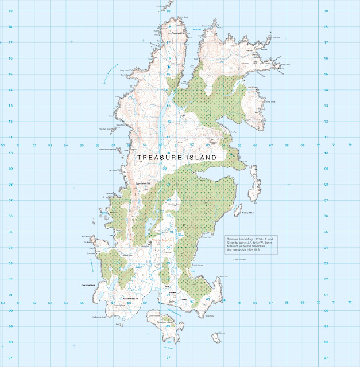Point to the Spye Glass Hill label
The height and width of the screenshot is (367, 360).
pos(142,183)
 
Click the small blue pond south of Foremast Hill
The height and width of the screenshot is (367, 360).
pos(169,66)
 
